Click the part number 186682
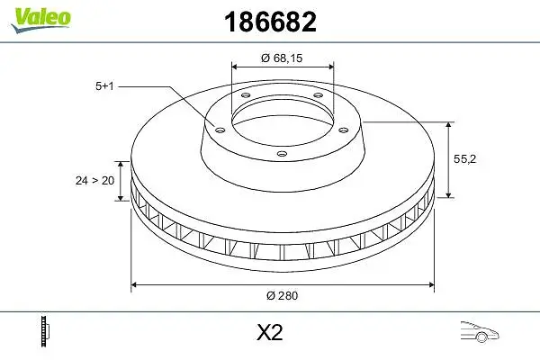coord(270,22)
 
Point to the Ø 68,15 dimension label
coord(282,58)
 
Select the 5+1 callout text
coord(104,85)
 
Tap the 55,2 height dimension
coord(464,158)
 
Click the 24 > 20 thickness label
coord(94,180)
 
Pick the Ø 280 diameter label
coord(282,295)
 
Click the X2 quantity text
coord(270,332)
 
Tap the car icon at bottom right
coord(480,332)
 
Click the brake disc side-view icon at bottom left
coord(45,331)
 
